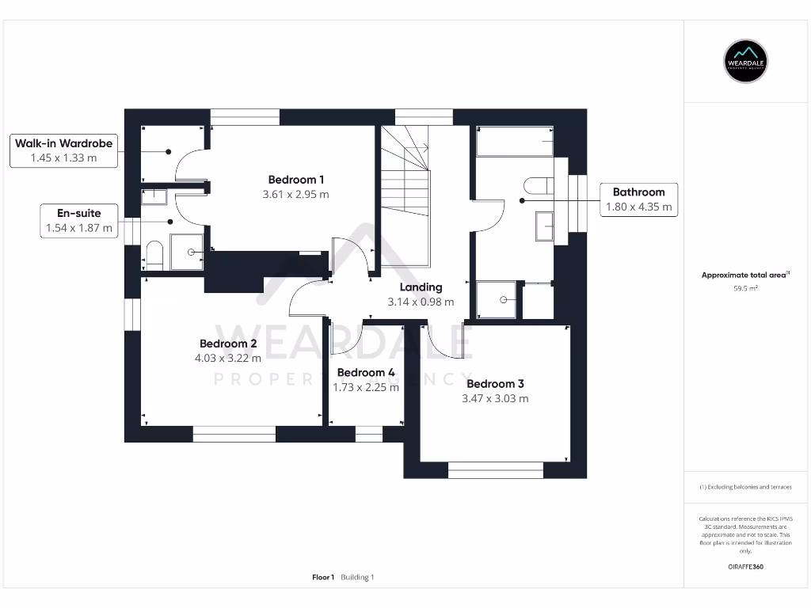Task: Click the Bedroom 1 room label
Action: (x=296, y=179)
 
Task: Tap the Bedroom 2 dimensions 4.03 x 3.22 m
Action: (x=228, y=358)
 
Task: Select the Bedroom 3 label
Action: (x=495, y=384)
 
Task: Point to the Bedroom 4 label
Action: (x=366, y=372)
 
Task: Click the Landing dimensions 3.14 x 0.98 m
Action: (x=421, y=302)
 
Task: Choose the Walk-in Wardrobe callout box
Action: (x=63, y=150)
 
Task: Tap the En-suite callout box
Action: (x=79, y=221)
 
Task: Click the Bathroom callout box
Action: (x=638, y=199)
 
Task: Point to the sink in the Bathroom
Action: (x=545, y=226)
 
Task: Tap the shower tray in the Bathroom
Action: (x=496, y=300)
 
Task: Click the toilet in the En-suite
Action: (x=154, y=256)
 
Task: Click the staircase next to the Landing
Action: (x=406, y=198)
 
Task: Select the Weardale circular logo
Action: (x=746, y=61)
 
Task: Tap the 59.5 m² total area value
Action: (x=746, y=289)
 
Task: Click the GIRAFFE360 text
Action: (x=746, y=567)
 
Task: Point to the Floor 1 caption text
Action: (x=323, y=577)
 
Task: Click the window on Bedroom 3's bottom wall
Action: (x=496, y=470)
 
